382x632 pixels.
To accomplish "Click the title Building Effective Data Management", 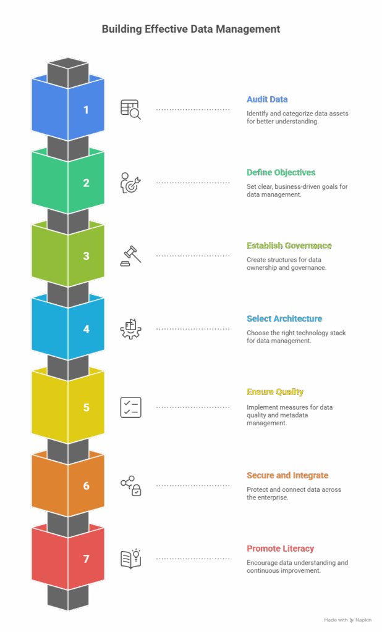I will pos(190,29).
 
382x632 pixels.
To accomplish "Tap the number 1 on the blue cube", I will pos(86,110).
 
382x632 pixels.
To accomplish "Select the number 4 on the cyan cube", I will pos(86,329).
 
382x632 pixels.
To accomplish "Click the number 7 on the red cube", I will pos(86,559).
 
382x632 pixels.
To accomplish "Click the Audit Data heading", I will pos(267,99).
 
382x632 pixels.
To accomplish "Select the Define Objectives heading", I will pos(281,172).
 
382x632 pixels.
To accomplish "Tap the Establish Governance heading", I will pos(289,246).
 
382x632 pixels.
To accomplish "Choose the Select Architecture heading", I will pos(284,319).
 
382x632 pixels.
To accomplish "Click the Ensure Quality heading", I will pos(274,392).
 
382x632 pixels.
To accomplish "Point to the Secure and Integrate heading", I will pos(287,475).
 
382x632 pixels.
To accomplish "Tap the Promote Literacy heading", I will pos(280,549).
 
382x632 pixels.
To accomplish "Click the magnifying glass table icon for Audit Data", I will pos(130,109).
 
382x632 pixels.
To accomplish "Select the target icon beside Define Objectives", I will pos(130,183).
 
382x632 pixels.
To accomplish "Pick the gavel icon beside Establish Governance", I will pos(130,256).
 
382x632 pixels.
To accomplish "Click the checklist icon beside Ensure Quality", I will pos(130,407).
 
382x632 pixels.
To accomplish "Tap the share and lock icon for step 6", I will pos(130,485).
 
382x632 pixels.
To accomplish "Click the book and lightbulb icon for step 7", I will pos(130,559).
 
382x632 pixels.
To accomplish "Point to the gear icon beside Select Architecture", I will pos(130,329).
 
